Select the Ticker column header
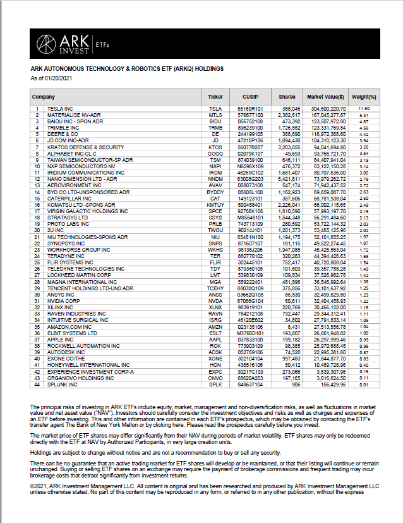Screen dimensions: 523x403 (x=215, y=97)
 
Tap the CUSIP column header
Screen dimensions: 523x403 (x=250, y=97)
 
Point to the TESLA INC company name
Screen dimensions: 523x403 (x=61, y=109)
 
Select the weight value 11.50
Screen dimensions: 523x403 (x=363, y=109)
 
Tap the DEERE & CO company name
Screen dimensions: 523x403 (x=63, y=134)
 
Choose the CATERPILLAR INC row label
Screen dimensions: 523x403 (x=69, y=198)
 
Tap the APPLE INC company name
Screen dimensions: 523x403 (x=61, y=340)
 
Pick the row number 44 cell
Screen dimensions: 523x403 (x=37, y=385)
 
